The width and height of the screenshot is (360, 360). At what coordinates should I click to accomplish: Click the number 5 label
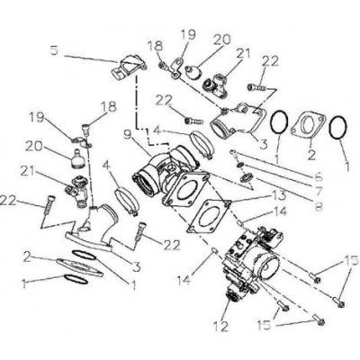click(x=54, y=50)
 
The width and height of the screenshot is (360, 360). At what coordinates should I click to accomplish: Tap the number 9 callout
click(x=128, y=137)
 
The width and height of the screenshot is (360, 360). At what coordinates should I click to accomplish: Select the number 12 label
click(x=221, y=326)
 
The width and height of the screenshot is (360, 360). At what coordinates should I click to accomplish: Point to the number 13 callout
click(x=279, y=196)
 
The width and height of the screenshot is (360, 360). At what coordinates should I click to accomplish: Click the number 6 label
click(x=319, y=176)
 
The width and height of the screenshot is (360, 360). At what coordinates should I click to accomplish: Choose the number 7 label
click(x=319, y=191)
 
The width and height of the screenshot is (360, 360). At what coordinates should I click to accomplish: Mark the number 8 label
click(x=319, y=206)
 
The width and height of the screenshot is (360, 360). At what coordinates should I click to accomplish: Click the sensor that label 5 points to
click(x=130, y=65)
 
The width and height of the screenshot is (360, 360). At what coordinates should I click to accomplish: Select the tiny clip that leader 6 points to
click(x=234, y=154)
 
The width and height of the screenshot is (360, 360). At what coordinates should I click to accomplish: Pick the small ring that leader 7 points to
click(x=240, y=165)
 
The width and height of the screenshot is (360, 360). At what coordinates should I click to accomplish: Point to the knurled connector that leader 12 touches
click(x=233, y=296)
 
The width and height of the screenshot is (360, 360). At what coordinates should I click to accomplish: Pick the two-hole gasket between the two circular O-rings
click(x=308, y=126)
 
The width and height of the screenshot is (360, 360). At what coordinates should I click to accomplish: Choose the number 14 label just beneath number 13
click(x=279, y=212)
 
